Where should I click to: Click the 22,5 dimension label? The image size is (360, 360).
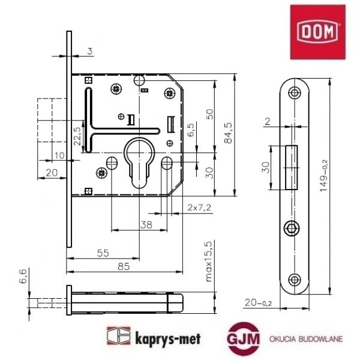pyautogui.click(x=77, y=137)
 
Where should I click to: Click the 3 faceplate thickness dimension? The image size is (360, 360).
pyautogui.click(x=88, y=52)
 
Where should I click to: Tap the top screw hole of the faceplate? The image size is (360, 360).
pyautogui.click(x=294, y=93)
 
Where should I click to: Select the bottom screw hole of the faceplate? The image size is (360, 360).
pyautogui.click(x=293, y=278)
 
